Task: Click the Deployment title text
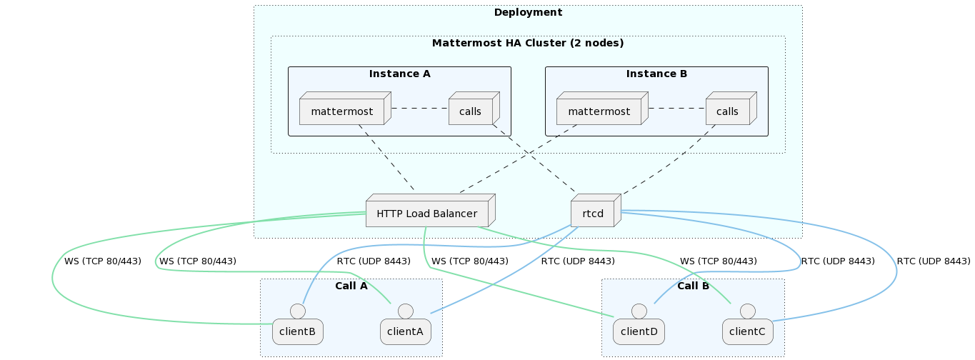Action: pos(528,12)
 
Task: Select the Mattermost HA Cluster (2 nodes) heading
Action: pos(528,43)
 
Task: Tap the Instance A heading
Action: pos(399,74)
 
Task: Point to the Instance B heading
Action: pos(656,74)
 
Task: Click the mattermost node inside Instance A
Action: pos(341,111)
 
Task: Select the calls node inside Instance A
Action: pos(470,111)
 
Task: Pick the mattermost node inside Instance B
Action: pos(599,111)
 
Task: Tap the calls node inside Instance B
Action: pos(727,111)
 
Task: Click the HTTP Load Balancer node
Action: pos(426,214)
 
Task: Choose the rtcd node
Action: pos(593,214)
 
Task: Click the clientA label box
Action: pos(405,331)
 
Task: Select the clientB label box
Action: pos(298,331)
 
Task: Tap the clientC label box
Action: pos(748,331)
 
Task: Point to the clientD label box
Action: pos(639,331)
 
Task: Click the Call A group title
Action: pos(351,286)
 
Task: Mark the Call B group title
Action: pos(693,286)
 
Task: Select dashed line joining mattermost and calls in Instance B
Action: pos(676,109)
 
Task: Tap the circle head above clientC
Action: pos(748,311)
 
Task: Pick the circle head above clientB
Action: pos(298,311)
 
